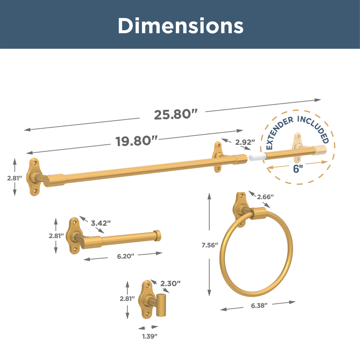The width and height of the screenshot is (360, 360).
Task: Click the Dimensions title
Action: pyautogui.click(x=180, y=26)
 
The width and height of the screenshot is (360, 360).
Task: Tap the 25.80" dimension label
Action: pyautogui.click(x=176, y=114)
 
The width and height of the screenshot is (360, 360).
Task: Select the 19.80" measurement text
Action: pyautogui.click(x=137, y=141)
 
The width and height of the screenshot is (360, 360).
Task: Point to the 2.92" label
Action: pyautogui.click(x=245, y=142)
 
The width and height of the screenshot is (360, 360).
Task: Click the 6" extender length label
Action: pyautogui.click(x=298, y=168)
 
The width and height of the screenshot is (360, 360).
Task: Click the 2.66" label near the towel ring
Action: pyautogui.click(x=265, y=197)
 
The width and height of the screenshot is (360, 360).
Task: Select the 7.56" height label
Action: pyautogui.click(x=210, y=245)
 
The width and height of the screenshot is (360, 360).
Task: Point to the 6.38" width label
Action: pyautogui.click(x=259, y=306)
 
